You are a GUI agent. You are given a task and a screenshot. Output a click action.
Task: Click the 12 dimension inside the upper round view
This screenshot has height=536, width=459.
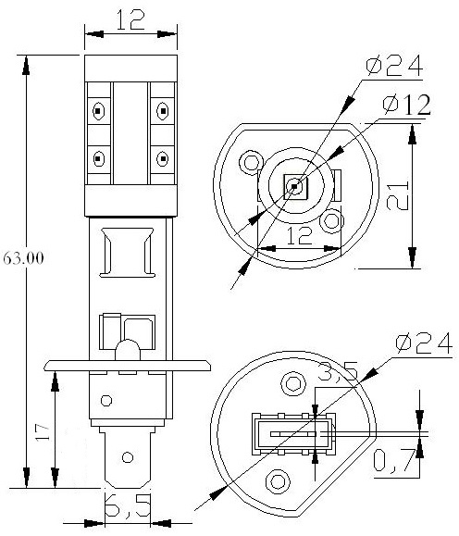tap(295, 236)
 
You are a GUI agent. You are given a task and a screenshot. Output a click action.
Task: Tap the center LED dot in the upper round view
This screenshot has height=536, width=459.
tap(294, 186)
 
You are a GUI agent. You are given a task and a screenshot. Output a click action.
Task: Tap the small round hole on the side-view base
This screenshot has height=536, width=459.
tap(106, 402)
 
